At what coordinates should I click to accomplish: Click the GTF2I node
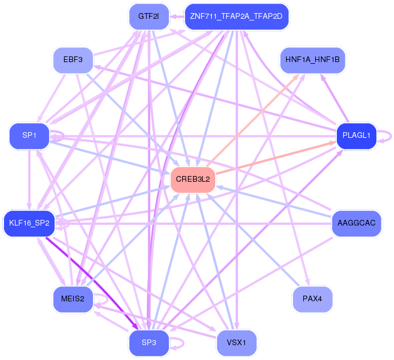[x=149, y=17]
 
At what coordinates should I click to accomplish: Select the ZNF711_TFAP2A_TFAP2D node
[x=236, y=17]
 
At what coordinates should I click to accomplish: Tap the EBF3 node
[x=73, y=60]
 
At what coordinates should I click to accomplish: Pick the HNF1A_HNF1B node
[x=312, y=60]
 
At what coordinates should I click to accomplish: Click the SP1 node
[x=29, y=136]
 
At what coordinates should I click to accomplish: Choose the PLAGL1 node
[x=356, y=136]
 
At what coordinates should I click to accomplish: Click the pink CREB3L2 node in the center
[x=193, y=179]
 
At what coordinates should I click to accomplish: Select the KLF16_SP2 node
[x=29, y=223]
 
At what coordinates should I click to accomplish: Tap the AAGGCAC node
[x=356, y=223]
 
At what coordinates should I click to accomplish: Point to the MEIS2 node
[x=73, y=299]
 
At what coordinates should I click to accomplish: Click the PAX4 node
[x=312, y=299]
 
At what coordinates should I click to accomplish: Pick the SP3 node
[x=149, y=342]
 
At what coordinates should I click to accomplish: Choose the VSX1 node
[x=236, y=342]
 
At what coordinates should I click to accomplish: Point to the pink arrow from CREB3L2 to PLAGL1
[x=276, y=158]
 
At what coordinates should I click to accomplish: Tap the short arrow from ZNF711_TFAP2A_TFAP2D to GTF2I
[x=177, y=17]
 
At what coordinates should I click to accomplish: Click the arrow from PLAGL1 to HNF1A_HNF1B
[x=334, y=99]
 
